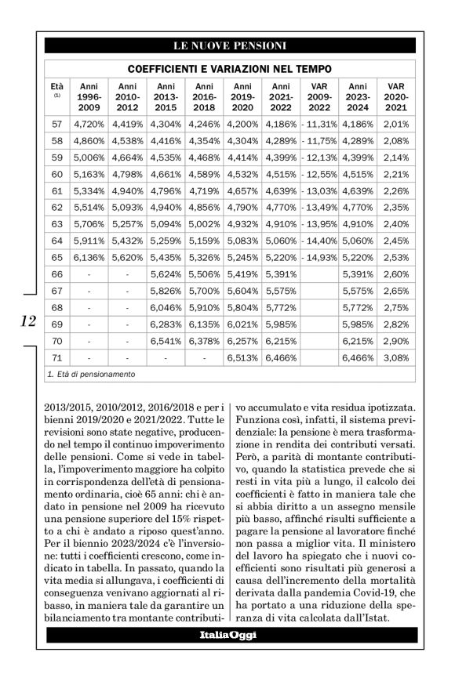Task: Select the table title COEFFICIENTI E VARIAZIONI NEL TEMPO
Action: tap(229, 69)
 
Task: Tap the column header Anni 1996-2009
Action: tap(89, 96)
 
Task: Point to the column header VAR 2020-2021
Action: tap(396, 96)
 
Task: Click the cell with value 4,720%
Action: tap(89, 124)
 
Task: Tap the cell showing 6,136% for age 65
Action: tap(89, 257)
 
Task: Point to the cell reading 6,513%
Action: tap(242, 357)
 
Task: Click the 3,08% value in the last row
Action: tap(396, 357)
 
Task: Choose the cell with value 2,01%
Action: tap(396, 124)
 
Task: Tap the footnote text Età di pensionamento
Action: tap(94, 375)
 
